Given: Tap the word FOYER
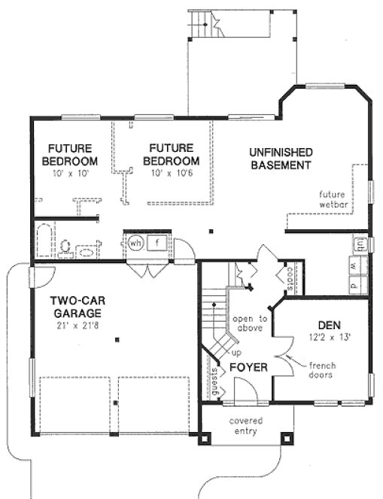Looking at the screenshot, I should click(x=245, y=367).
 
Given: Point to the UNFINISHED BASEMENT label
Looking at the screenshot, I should click(x=281, y=159).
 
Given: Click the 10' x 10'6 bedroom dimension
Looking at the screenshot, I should click(x=174, y=173).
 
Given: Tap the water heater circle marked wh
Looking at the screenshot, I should click(x=135, y=243).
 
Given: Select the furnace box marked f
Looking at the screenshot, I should click(x=157, y=243).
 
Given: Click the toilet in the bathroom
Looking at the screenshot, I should click(x=66, y=247).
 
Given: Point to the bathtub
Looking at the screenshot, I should click(x=43, y=240).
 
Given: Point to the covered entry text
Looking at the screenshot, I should click(x=245, y=426).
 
